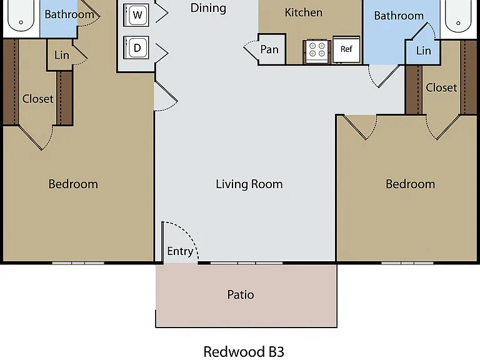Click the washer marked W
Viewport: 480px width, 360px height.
pos(136,15)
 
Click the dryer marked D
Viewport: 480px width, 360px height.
pos(136,47)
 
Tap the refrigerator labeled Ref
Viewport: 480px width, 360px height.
pos(346,49)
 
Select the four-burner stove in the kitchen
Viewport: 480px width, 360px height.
pos(317,51)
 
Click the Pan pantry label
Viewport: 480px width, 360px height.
pos(269,49)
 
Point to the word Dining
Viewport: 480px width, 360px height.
pos(208,8)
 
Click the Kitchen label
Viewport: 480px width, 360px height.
pos(303,12)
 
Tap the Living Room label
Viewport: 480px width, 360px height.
pos(249,184)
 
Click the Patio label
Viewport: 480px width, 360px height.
pos(241,295)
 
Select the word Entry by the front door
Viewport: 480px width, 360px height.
pos(180,251)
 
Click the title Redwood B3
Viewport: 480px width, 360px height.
pos(244,352)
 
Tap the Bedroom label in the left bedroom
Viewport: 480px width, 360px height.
pos(73,184)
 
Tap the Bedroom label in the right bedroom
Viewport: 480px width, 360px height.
pos(410,184)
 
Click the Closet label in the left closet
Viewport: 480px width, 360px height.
pos(38,99)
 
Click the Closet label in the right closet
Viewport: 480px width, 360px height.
pos(441,87)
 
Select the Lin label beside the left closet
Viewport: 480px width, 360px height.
pos(62,55)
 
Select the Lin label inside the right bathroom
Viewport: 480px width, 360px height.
pos(423,51)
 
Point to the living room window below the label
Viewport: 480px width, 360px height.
pos(246,263)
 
